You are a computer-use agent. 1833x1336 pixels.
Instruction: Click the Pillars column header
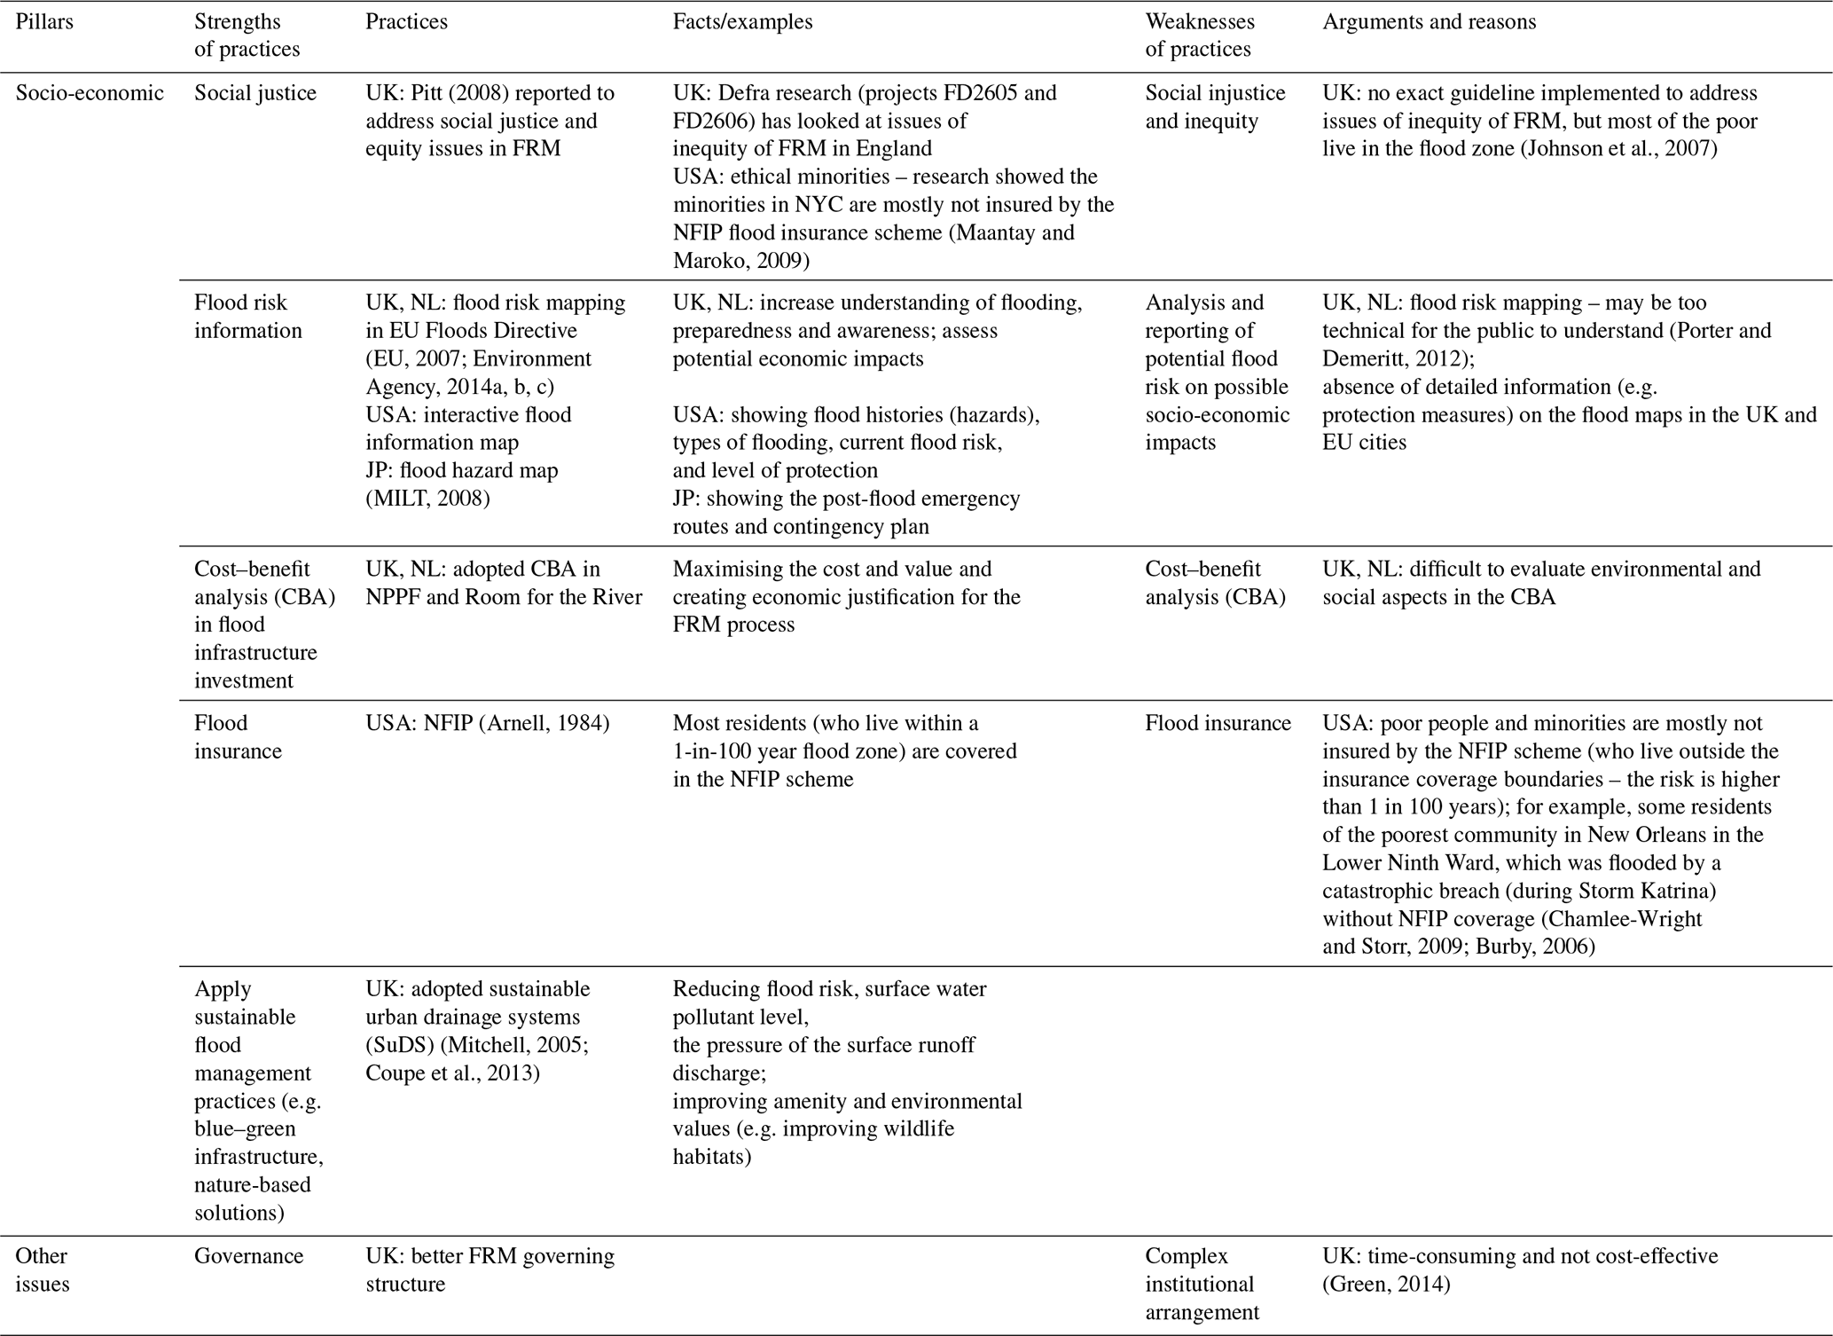point(44,21)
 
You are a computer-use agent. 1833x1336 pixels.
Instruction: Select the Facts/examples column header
point(742,21)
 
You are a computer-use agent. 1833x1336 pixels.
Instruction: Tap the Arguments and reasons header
point(1429,21)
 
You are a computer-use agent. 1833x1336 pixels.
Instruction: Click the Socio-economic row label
point(90,93)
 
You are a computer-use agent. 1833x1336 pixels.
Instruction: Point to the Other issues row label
point(42,1269)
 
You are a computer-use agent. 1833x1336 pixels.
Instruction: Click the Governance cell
point(248,1255)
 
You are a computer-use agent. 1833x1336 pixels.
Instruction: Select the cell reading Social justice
point(255,93)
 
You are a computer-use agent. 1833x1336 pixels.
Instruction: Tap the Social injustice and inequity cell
point(1214,106)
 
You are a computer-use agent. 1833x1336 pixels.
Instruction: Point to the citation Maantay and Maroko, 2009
point(873,247)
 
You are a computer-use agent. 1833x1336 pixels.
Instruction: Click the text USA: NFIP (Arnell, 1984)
point(487,723)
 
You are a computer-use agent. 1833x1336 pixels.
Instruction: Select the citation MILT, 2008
point(427,499)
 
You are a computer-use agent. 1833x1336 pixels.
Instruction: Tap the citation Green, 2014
point(1386,1284)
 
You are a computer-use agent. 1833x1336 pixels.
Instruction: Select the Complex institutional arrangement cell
point(1201,1284)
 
